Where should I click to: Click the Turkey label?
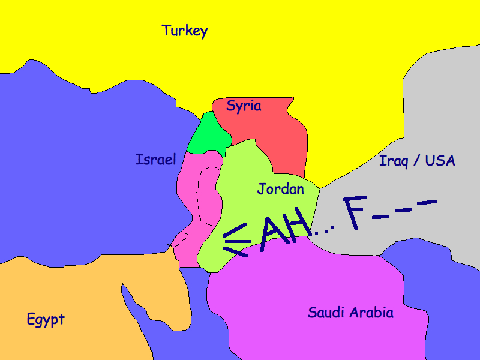[184, 31]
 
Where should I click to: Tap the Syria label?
[244, 106]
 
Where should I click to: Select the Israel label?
[156, 160]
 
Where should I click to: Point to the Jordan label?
[280, 189]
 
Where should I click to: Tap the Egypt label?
[46, 319]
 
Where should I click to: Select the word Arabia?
[373, 313]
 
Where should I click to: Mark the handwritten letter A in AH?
[272, 231]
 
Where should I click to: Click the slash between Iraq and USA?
[418, 161]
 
